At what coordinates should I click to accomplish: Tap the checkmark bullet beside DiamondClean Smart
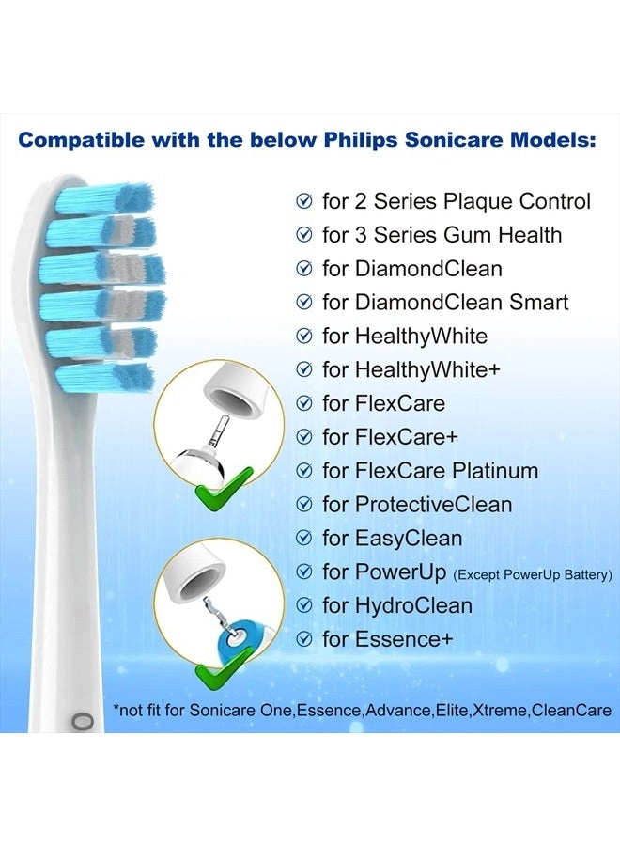pyautogui.click(x=303, y=303)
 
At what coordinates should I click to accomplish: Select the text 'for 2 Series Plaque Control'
pyautogui.click(x=457, y=201)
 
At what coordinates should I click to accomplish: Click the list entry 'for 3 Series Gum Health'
pyautogui.click(x=442, y=235)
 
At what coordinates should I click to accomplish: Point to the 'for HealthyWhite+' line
pyautogui.click(x=411, y=369)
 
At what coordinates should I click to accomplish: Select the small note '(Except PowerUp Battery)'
pyautogui.click(x=536, y=573)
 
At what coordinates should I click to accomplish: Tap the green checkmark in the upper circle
pyautogui.click(x=225, y=483)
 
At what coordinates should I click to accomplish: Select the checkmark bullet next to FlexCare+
pyautogui.click(x=303, y=437)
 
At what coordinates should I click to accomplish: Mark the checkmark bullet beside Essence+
pyautogui.click(x=303, y=640)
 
